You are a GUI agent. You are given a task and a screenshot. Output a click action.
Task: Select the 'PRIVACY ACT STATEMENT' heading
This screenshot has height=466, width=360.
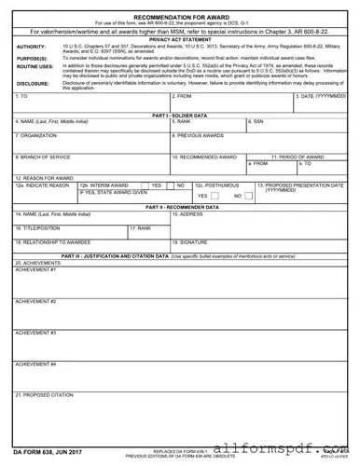click(180, 40)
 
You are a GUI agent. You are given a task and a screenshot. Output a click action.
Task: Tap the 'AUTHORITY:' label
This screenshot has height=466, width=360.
click(31, 47)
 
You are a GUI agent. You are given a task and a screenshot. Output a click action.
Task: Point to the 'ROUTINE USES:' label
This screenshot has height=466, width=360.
click(35, 67)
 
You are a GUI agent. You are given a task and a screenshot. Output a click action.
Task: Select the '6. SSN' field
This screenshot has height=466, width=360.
click(298, 127)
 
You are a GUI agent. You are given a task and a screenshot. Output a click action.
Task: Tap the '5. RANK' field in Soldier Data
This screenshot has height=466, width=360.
click(208, 127)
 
